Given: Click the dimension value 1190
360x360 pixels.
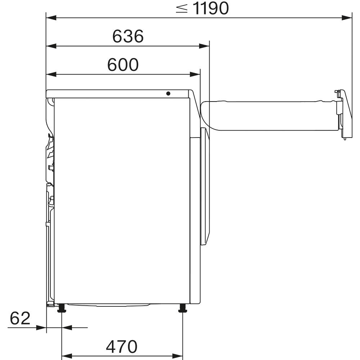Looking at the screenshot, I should click(x=211, y=9).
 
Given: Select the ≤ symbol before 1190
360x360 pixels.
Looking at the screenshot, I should click(x=182, y=9).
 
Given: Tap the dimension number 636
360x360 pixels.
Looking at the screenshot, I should click(x=128, y=36).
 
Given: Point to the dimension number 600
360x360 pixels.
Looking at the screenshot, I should click(x=123, y=65).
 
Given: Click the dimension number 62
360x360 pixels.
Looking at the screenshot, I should click(x=20, y=318).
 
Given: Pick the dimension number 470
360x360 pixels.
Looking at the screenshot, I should click(x=122, y=347).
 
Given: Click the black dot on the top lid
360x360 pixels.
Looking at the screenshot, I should click(x=168, y=93).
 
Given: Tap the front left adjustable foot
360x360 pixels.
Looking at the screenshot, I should click(x=62, y=308).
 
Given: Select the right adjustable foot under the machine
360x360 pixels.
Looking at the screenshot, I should click(x=183, y=308).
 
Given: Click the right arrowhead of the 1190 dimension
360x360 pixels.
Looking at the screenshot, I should click(x=347, y=17).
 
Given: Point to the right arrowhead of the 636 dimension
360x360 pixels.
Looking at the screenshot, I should click(x=204, y=46).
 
